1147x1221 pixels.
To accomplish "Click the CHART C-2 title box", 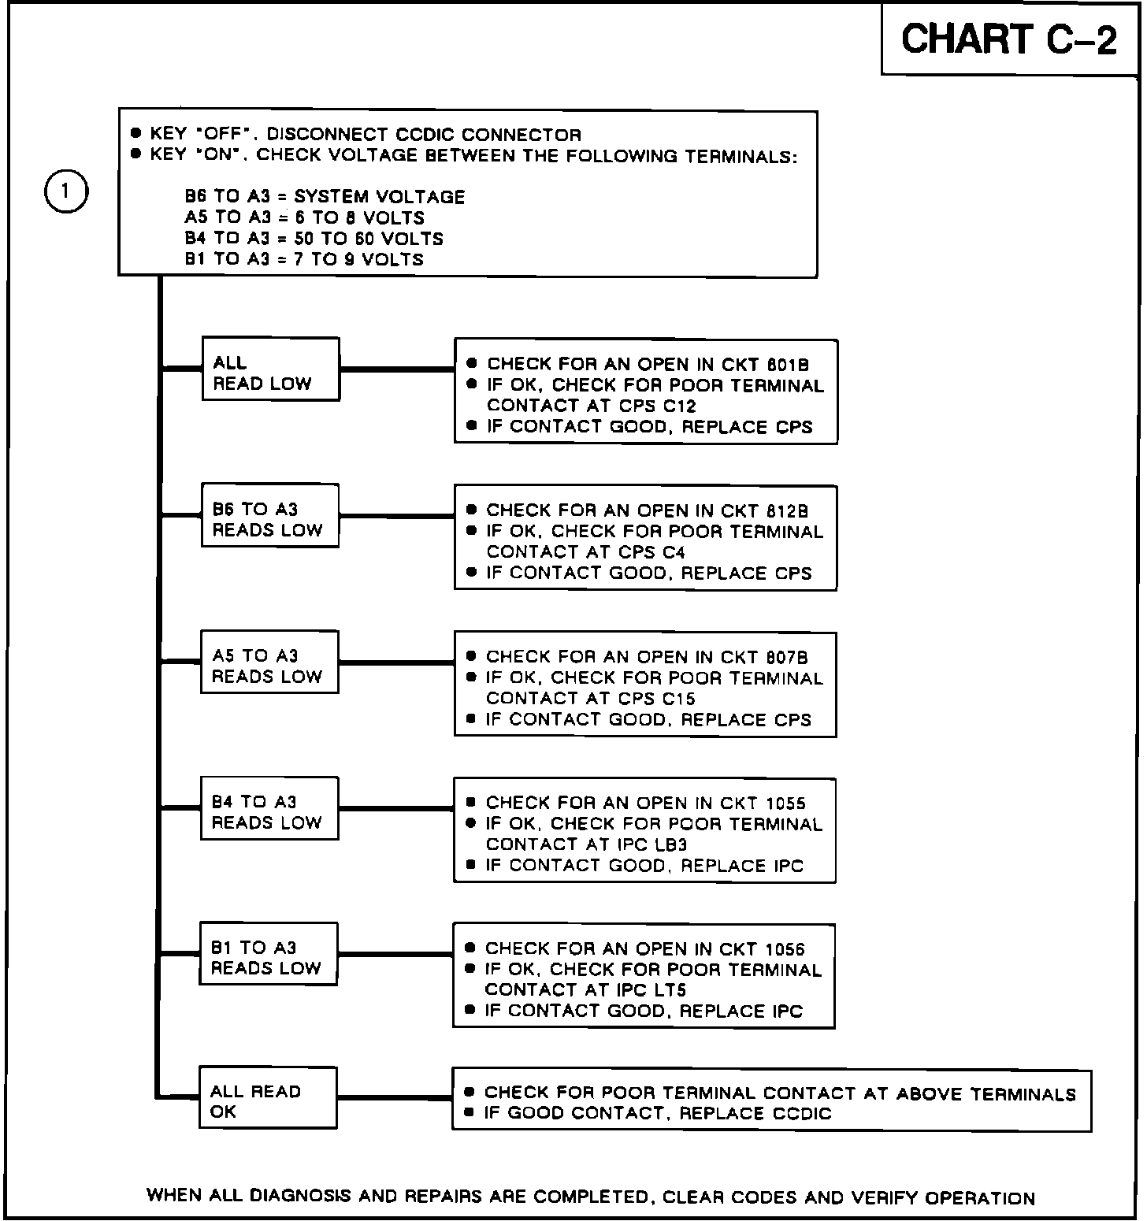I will [x=1009, y=39].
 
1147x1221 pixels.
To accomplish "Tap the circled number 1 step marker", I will [x=66, y=191].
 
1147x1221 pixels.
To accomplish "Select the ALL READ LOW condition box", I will [x=270, y=369].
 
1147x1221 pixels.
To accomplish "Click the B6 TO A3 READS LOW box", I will [x=269, y=516].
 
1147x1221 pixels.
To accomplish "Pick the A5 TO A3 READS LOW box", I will [x=269, y=662].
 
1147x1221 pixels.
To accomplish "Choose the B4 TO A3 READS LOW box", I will [x=269, y=809].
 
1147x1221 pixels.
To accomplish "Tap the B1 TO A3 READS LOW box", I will [x=268, y=955].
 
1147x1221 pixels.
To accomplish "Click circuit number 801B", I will [x=787, y=365].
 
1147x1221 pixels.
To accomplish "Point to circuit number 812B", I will [x=786, y=511].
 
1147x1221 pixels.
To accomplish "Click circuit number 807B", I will [x=786, y=658].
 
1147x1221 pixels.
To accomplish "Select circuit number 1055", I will [x=785, y=803].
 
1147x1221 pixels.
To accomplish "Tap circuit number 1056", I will [x=785, y=949].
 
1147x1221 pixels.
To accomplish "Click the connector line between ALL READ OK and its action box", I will [x=394, y=1098].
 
